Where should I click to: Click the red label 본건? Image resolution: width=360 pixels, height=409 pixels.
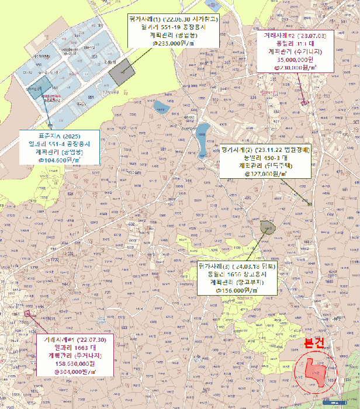[x=310, y=344]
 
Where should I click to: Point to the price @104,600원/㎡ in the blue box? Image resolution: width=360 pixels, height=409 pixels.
[x=60, y=160]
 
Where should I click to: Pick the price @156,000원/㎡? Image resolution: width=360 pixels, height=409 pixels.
[x=236, y=290]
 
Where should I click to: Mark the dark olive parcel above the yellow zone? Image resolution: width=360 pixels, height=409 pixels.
[x=268, y=227]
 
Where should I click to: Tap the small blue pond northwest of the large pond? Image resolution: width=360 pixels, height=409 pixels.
[x=159, y=107]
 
